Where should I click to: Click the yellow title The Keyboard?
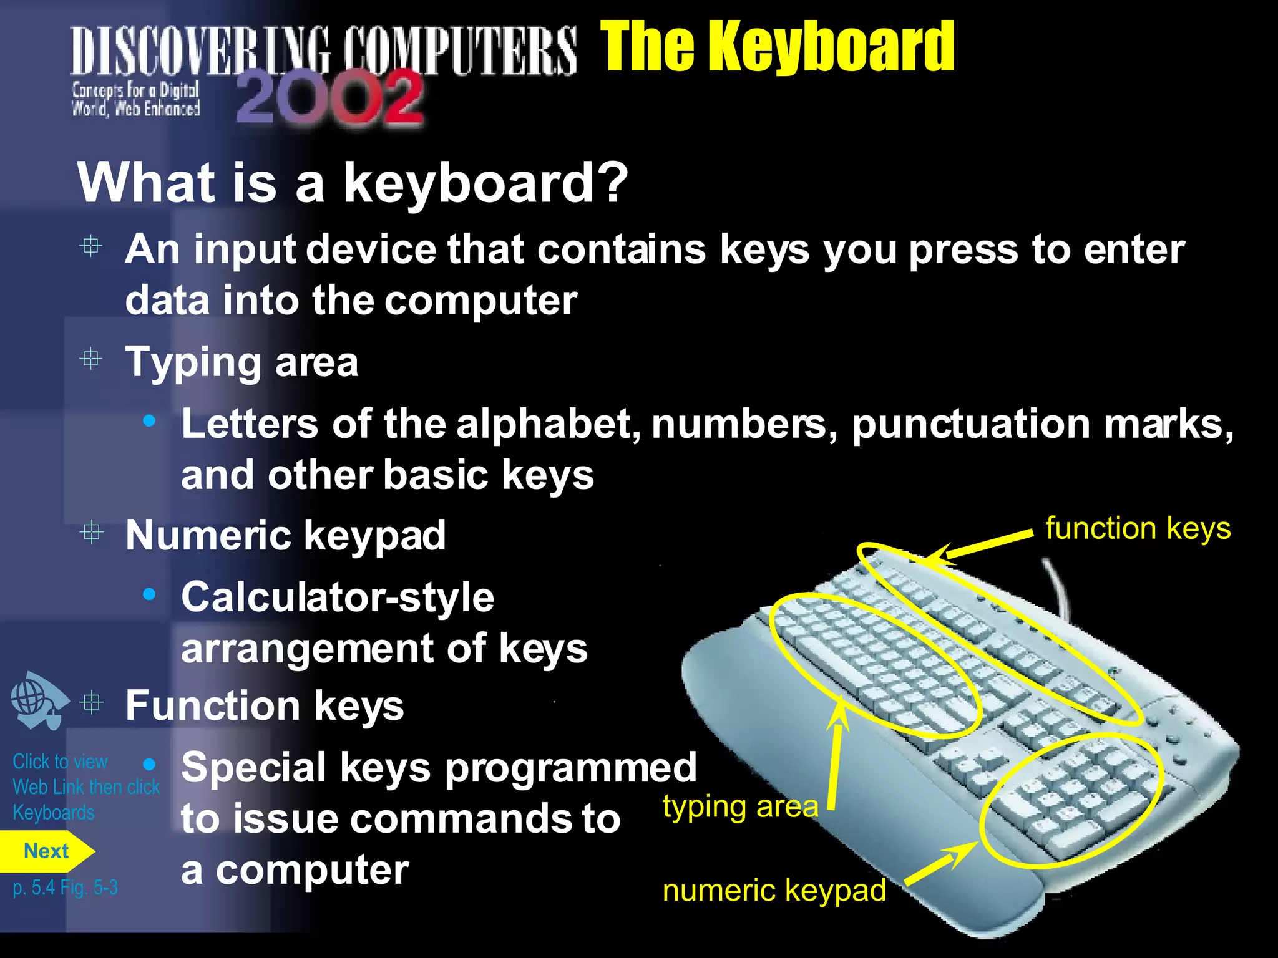777,47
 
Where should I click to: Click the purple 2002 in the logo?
330,97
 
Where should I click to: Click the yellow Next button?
46,851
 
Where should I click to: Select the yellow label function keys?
1138,529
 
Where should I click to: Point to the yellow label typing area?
740,806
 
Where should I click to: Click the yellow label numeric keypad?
774,890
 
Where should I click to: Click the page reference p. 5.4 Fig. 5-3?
65,888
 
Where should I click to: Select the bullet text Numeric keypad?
285,535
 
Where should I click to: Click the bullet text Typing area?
241,362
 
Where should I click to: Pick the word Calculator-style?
338,598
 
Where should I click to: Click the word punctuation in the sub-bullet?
970,425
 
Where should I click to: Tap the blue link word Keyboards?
54,813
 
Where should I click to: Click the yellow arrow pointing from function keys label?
980,546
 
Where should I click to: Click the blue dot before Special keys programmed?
149,764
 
